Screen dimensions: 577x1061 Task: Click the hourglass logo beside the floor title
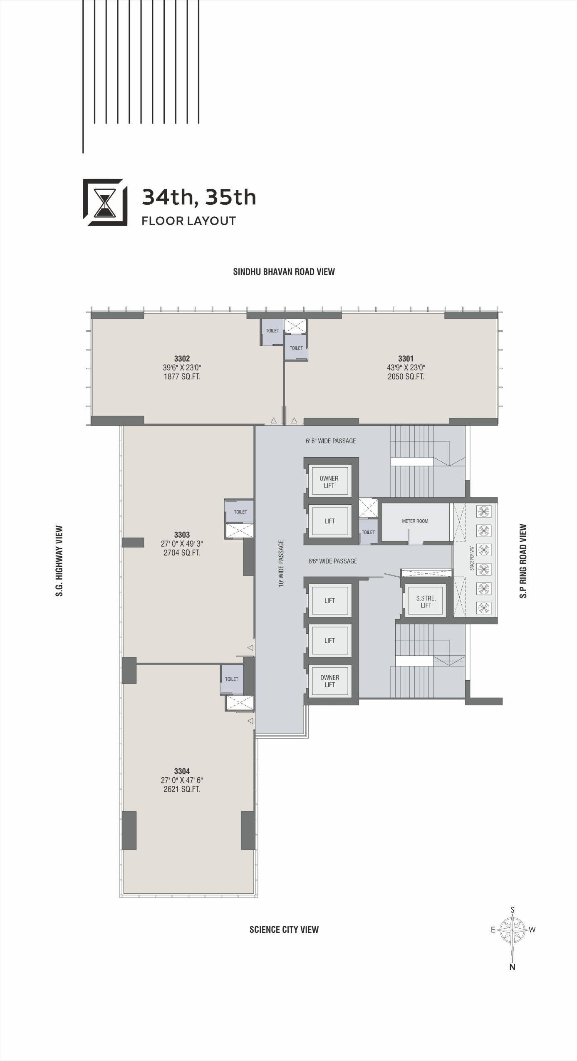105,202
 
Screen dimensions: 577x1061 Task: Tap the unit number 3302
182,359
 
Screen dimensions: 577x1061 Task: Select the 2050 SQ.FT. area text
406,377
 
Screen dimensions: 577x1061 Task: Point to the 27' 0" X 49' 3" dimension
182,544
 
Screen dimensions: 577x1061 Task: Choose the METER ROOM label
415,521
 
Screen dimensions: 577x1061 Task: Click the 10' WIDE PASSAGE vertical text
282,563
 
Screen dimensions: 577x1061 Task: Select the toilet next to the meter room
368,532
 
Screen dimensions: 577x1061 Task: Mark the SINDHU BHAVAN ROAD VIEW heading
284,272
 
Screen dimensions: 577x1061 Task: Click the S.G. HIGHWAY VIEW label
59,561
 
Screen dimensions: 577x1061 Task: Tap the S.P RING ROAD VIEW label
523,561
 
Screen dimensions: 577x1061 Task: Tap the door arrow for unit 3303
250,648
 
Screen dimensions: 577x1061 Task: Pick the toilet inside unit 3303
240,512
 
